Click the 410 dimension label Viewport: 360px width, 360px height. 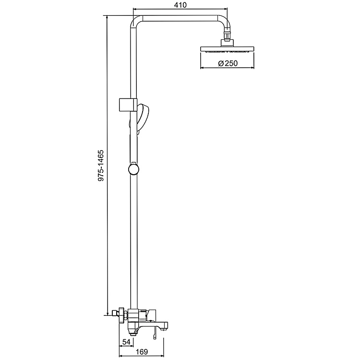point(180,5)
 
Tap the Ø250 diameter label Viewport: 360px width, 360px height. point(228,63)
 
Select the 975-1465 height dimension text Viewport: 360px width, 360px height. point(101,166)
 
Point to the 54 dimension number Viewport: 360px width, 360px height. point(126,342)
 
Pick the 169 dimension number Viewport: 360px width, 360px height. point(142,351)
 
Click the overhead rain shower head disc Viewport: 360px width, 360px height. point(228,49)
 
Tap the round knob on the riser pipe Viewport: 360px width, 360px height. point(133,170)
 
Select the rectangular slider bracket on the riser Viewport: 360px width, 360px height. point(128,104)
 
